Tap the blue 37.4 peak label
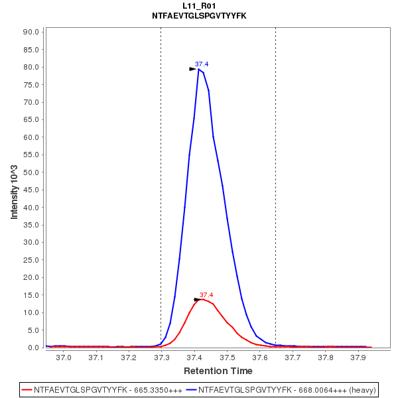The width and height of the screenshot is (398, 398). pyautogui.click(x=202, y=64)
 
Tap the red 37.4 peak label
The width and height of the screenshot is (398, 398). pyautogui.click(x=206, y=295)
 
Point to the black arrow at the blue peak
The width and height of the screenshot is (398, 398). pyautogui.click(x=193, y=68)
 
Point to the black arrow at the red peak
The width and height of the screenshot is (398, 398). pyautogui.click(x=197, y=299)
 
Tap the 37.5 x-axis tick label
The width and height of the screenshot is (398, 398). pyautogui.click(x=227, y=358)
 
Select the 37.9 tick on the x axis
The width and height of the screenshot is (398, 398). pyautogui.click(x=358, y=358)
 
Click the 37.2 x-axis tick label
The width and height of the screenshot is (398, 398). pyautogui.click(x=129, y=358)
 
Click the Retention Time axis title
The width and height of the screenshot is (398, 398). pyautogui.click(x=218, y=371)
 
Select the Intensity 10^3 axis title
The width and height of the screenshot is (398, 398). pyautogui.click(x=15, y=188)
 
